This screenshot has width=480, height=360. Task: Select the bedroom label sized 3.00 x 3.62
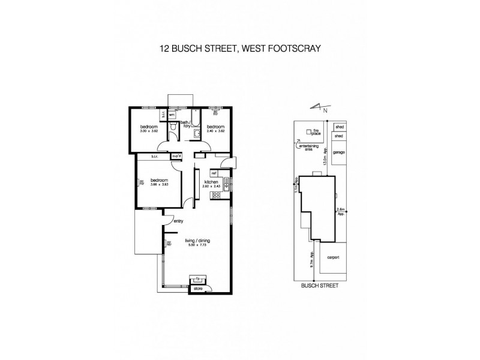[149, 128]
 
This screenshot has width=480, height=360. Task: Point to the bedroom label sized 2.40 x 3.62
[215, 128]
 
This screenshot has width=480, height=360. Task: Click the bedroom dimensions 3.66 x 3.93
[159, 184]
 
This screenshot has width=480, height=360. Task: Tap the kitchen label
[210, 181]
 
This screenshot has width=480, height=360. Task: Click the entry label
[178, 221]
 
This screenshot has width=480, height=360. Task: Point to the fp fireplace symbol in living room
[197, 278]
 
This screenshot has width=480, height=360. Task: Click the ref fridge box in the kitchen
[214, 173]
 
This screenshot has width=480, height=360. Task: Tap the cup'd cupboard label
[176, 157]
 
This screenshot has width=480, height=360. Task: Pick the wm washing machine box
[171, 115]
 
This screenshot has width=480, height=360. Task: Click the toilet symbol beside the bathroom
[172, 128]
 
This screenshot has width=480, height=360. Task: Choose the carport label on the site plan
[334, 257]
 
